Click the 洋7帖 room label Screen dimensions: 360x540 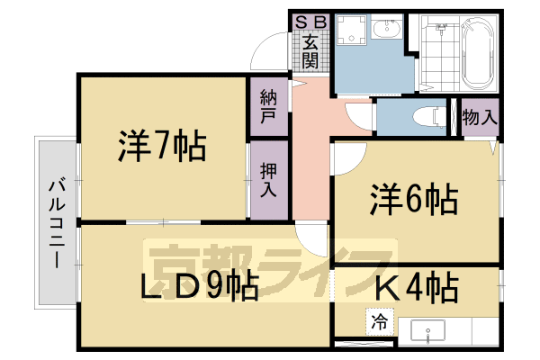click(162, 146)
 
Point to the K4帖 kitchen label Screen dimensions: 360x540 click(416, 289)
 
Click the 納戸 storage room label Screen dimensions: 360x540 click(268, 107)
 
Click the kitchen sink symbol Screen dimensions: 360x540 click(428, 330)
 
